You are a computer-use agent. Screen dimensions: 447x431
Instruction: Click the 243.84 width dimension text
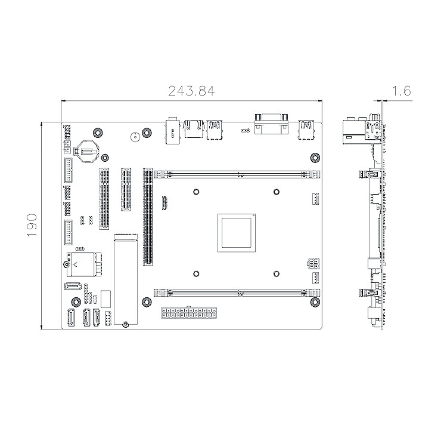pos(191,91)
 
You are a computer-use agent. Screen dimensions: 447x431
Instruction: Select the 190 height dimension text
pos(32,225)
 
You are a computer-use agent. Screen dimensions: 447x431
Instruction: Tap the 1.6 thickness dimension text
pos(402,91)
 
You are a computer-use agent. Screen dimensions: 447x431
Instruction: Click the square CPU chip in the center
pos(237,233)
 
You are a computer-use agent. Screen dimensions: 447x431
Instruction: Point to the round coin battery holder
pos(86,151)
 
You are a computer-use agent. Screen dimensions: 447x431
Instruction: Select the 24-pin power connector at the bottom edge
pos(189,313)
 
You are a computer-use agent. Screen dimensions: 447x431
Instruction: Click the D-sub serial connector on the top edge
pos(271,124)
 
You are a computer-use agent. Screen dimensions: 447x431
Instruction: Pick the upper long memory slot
pos(237,174)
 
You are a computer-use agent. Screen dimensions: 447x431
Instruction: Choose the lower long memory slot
pos(237,293)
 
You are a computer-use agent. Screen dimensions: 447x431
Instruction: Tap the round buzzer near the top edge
pos(134,137)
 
